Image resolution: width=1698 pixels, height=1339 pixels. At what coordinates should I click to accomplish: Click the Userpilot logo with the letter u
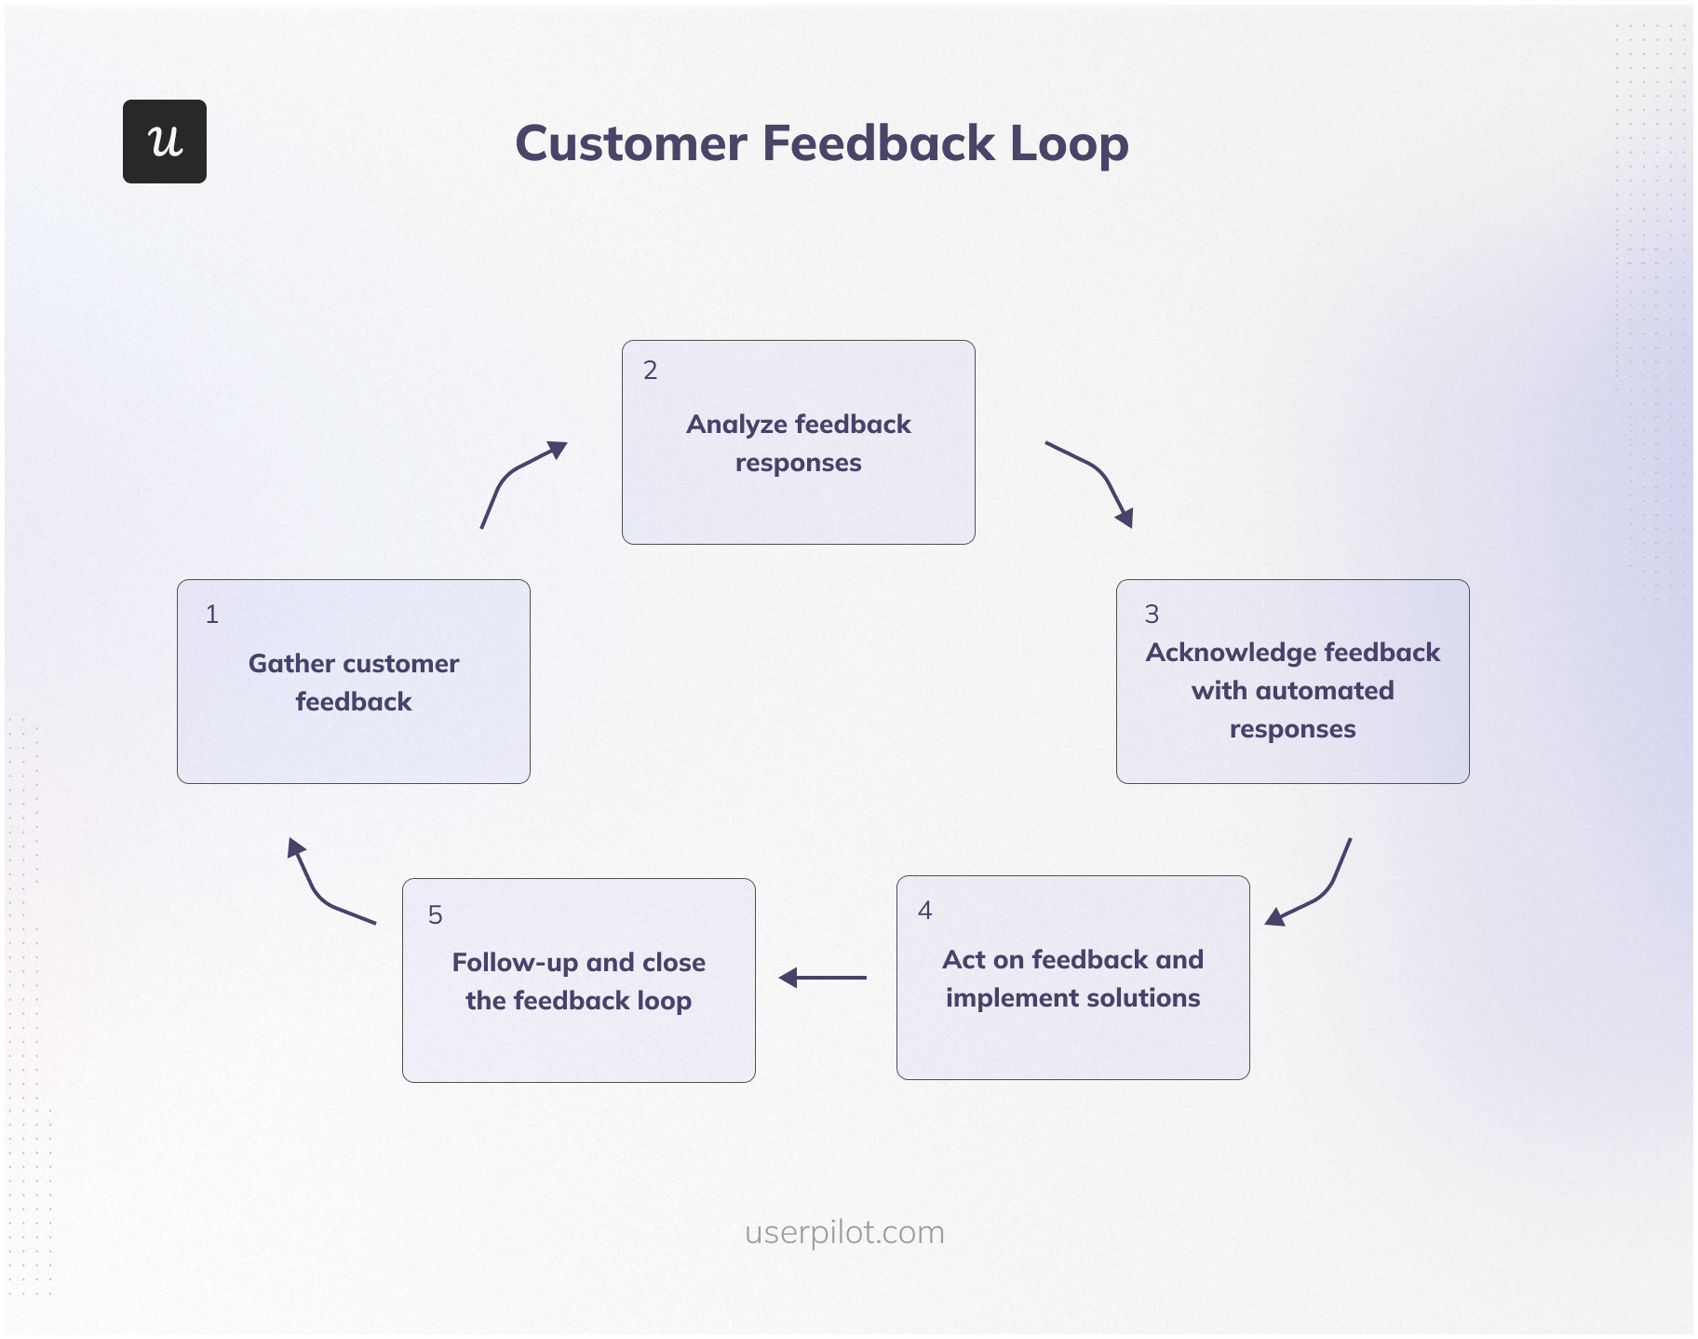point(165,142)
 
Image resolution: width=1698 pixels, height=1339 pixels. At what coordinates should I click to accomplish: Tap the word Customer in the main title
point(631,144)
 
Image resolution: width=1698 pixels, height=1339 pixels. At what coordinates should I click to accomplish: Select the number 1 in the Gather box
point(212,615)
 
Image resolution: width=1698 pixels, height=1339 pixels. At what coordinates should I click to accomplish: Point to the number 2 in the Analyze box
point(651,371)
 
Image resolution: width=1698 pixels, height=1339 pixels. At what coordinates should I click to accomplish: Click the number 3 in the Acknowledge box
point(1152,615)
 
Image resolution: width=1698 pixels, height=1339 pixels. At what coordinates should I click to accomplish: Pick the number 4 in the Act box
point(924,911)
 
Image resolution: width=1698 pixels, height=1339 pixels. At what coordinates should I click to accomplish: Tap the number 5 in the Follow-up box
point(435,915)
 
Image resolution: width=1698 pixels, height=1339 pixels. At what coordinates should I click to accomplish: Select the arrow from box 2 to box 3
point(1097,476)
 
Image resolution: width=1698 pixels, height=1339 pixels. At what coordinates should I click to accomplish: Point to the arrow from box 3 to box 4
point(1317,890)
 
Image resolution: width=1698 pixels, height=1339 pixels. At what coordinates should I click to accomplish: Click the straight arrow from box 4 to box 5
point(823,978)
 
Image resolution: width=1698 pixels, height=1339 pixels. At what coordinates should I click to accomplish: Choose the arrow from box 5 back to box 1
point(322,890)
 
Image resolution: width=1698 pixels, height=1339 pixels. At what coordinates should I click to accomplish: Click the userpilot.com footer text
point(844,1232)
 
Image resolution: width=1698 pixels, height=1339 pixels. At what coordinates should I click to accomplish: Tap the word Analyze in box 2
point(736,425)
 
